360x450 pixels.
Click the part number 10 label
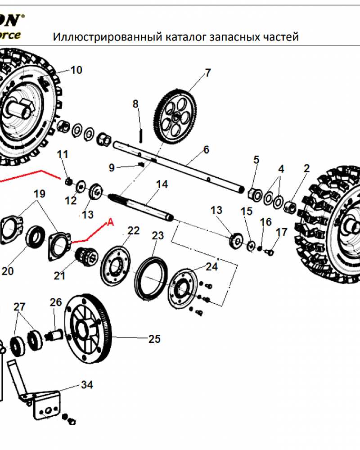[x=76, y=70]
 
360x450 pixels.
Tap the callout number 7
[x=207, y=73]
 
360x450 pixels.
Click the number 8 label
[x=136, y=104]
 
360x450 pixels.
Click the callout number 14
[x=162, y=184]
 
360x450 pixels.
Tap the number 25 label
[x=154, y=339]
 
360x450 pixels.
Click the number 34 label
[x=87, y=385]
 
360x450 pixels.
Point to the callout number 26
[x=55, y=302]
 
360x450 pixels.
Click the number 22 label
[x=134, y=231]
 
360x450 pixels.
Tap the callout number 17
[x=281, y=232]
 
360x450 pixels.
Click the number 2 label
[x=306, y=169]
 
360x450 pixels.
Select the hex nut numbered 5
[x=255, y=194]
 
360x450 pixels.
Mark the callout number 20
[x=8, y=271]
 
